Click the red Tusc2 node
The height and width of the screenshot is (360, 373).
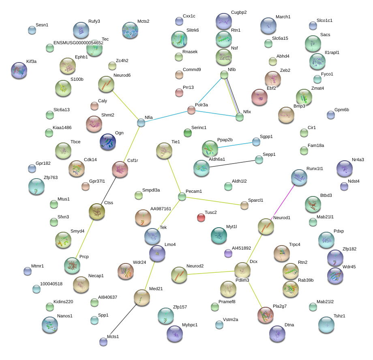[201, 218]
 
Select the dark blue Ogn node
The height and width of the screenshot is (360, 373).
[108, 142]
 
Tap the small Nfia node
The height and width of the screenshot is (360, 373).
[141, 123]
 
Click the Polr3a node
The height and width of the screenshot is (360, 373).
[191, 110]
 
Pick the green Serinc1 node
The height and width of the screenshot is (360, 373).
[188, 133]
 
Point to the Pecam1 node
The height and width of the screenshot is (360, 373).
[182, 197]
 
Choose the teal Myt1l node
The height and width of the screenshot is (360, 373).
[219, 235]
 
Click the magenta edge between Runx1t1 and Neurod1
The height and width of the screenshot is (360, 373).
[283, 201]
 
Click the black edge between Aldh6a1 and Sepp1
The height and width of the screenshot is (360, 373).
[232, 164]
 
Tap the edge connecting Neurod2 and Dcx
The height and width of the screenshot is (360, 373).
[211, 273]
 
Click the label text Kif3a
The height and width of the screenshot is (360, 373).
[31, 61]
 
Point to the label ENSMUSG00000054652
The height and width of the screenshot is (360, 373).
[78, 43]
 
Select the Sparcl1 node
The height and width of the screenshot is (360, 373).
[244, 205]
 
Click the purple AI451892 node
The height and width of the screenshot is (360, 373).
[228, 254]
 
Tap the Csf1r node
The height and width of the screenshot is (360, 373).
[120, 169]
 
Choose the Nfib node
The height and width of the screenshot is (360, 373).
[224, 75]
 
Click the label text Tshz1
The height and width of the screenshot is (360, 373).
[339, 316]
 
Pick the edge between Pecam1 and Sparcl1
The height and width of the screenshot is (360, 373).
[213, 201]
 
